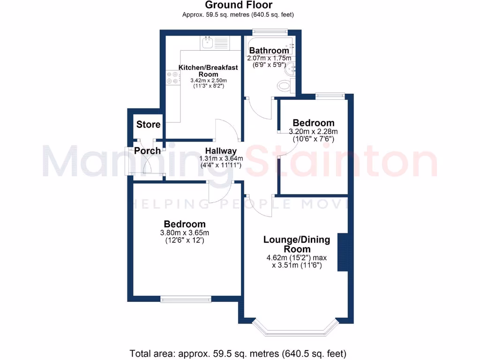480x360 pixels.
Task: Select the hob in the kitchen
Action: point(172,78)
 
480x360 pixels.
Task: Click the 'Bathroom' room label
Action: point(269,51)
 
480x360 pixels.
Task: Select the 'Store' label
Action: point(148,125)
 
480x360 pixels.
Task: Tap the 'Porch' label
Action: point(147,151)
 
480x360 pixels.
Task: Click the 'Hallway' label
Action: point(221,151)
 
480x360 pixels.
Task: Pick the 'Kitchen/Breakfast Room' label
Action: point(208,71)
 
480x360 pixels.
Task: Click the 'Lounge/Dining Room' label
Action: point(297,244)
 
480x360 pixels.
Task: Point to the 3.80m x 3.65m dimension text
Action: point(184,233)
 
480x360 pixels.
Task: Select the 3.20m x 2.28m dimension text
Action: point(313,132)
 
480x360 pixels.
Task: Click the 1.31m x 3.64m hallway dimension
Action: point(221,159)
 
